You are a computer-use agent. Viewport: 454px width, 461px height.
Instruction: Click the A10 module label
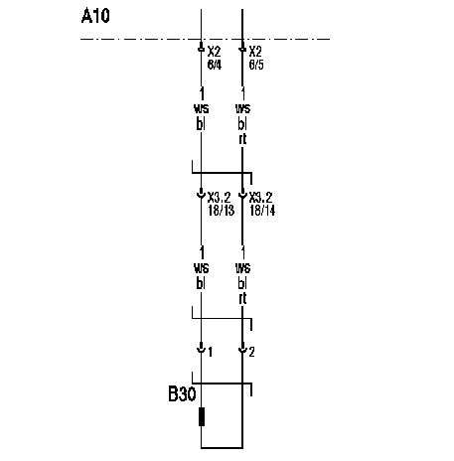click(95, 16)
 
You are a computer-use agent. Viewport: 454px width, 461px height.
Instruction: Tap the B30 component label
click(182, 393)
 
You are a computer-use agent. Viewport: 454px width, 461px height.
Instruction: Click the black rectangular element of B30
click(202, 416)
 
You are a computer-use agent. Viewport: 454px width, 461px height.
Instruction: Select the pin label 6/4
click(215, 65)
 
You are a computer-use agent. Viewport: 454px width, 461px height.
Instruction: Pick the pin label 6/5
click(256, 65)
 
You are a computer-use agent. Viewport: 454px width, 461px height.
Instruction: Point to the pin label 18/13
click(222, 211)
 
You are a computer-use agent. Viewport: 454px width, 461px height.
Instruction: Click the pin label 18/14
click(262, 211)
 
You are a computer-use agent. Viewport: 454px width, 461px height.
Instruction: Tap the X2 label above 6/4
click(214, 52)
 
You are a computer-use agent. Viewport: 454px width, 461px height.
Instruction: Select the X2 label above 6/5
click(255, 52)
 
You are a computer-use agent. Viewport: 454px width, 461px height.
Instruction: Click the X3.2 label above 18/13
click(219, 198)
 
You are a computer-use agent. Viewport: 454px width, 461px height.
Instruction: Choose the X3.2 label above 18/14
click(260, 198)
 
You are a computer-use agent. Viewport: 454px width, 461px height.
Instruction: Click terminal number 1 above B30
click(211, 352)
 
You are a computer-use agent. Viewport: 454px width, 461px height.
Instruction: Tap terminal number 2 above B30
click(252, 352)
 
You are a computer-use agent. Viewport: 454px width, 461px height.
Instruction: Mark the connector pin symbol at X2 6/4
click(201, 48)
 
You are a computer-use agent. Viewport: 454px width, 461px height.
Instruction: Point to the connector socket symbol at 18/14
click(242, 194)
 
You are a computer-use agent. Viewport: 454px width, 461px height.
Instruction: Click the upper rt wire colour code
click(242, 139)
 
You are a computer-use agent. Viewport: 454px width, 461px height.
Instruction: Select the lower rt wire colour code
click(242, 298)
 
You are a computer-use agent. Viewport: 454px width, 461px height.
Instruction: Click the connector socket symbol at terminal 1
click(201, 349)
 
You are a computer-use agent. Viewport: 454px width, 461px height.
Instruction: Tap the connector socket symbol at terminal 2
click(242, 349)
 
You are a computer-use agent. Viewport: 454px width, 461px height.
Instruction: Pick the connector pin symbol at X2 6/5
click(242, 48)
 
